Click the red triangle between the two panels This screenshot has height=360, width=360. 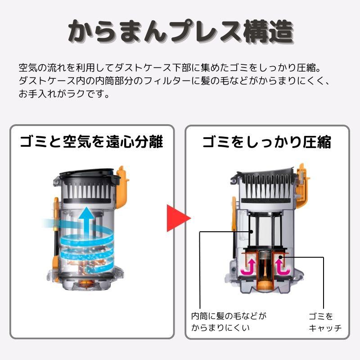[178, 218]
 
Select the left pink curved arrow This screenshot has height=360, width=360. [248, 267]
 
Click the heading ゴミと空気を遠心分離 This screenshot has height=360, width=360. [92, 142]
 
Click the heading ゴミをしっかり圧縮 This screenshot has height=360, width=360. [267, 142]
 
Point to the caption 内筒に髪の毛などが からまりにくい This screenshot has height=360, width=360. [229, 322]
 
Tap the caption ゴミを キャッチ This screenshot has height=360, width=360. [325, 322]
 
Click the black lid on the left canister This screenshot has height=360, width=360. [87, 174]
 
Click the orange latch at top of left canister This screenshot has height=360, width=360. [122, 187]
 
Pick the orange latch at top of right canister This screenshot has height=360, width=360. [302, 186]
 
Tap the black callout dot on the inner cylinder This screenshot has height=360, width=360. [252, 232]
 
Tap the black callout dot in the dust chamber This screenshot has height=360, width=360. [280, 257]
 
